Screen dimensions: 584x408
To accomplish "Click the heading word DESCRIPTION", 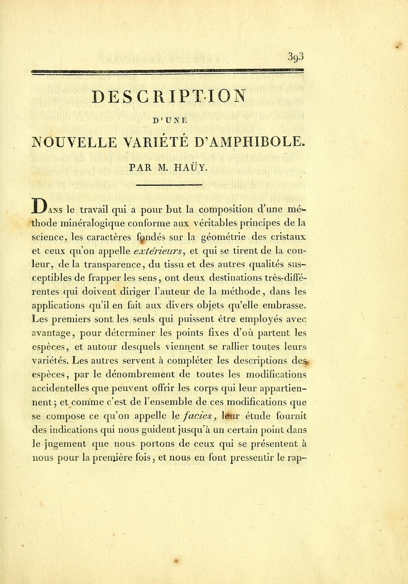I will point(169,97).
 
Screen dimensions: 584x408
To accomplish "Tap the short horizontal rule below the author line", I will point(169,185).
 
